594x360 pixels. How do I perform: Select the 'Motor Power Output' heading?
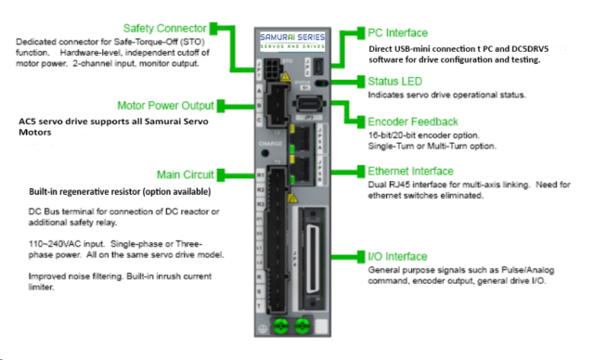pos(164,105)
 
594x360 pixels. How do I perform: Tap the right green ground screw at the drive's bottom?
pos(301,327)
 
